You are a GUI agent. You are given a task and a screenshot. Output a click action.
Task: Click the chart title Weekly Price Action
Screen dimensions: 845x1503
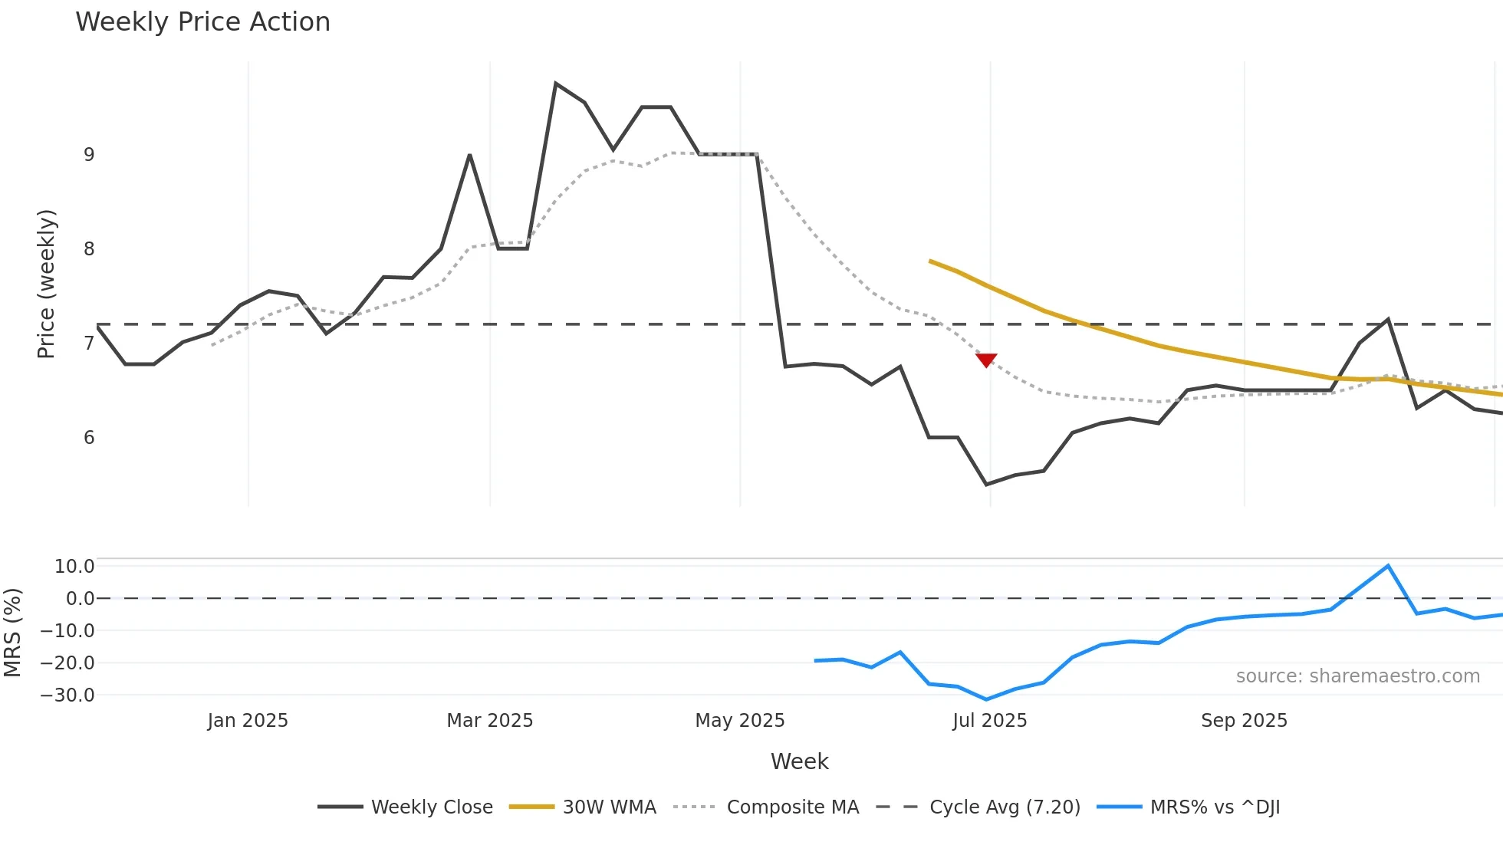point(202,22)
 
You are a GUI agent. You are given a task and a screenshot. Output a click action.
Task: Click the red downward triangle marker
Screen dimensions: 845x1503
point(986,360)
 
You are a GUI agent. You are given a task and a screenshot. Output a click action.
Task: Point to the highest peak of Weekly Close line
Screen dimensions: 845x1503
point(556,84)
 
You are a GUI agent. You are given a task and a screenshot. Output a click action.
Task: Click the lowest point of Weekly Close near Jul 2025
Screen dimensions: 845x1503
point(986,484)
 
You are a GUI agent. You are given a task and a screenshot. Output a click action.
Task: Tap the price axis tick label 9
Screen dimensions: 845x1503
point(89,155)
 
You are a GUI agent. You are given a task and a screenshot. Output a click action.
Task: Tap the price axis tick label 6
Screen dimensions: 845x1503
point(89,438)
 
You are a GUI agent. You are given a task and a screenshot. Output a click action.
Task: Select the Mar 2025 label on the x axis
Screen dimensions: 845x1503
point(489,721)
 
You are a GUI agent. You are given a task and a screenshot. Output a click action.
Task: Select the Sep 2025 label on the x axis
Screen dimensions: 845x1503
point(1244,721)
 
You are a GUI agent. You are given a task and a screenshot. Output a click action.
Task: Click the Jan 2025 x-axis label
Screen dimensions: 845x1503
point(248,721)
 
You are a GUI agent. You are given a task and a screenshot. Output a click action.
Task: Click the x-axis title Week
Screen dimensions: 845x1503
point(799,761)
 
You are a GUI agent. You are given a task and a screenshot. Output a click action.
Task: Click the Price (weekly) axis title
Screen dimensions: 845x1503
point(46,284)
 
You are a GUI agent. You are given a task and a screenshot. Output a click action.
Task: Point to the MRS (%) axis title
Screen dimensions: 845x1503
point(12,633)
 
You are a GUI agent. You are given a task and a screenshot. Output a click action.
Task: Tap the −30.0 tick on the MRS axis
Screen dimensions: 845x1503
point(67,695)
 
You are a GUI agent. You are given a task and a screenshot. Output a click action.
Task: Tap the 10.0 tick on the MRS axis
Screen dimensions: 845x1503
point(74,567)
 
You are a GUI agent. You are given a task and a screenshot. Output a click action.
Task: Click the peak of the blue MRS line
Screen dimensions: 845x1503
point(1388,566)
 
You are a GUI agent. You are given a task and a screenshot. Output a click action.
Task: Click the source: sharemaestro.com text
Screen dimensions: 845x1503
point(1357,676)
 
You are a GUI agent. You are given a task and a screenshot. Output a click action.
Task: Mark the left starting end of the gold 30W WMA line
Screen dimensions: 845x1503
point(930,261)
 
